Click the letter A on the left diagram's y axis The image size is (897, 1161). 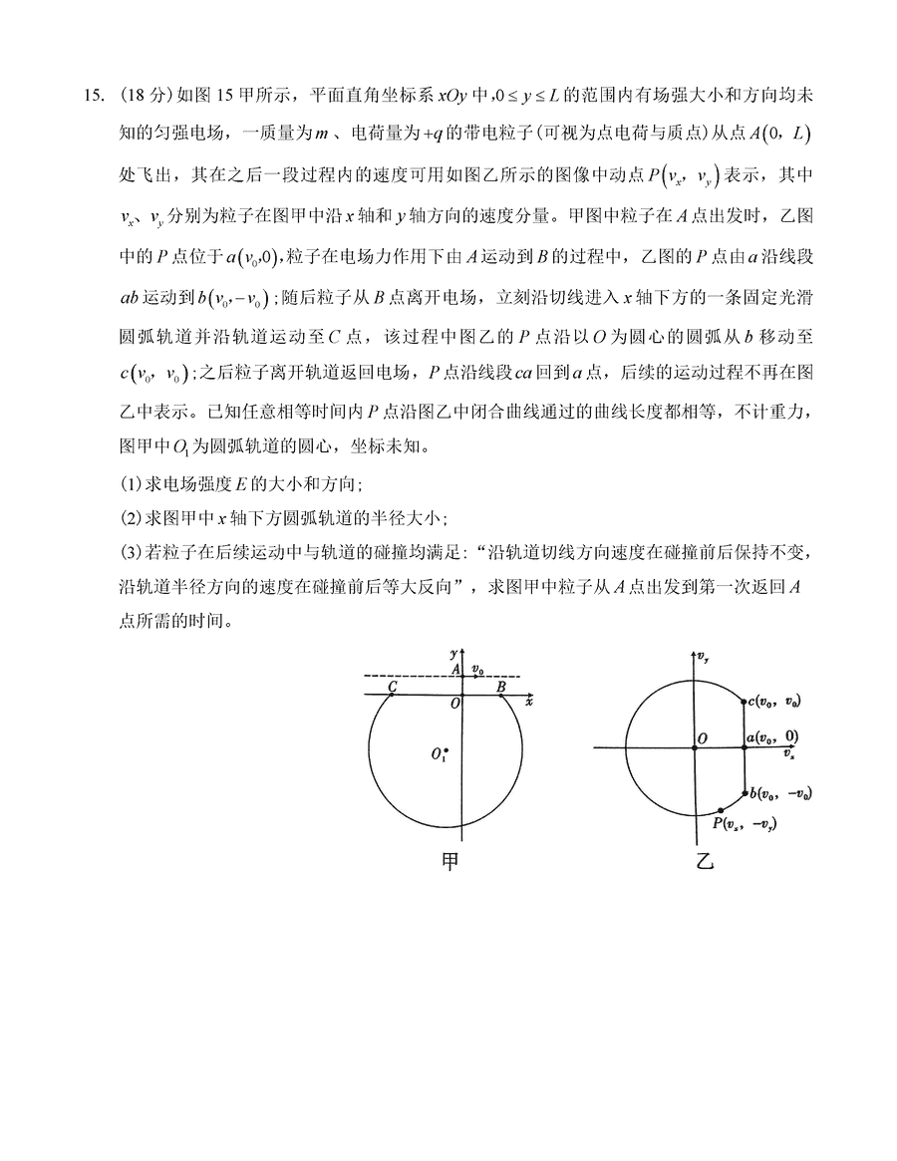(454, 671)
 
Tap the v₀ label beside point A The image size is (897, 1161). (478, 669)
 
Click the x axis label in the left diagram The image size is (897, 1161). (530, 703)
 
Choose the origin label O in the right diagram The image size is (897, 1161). (703, 737)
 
